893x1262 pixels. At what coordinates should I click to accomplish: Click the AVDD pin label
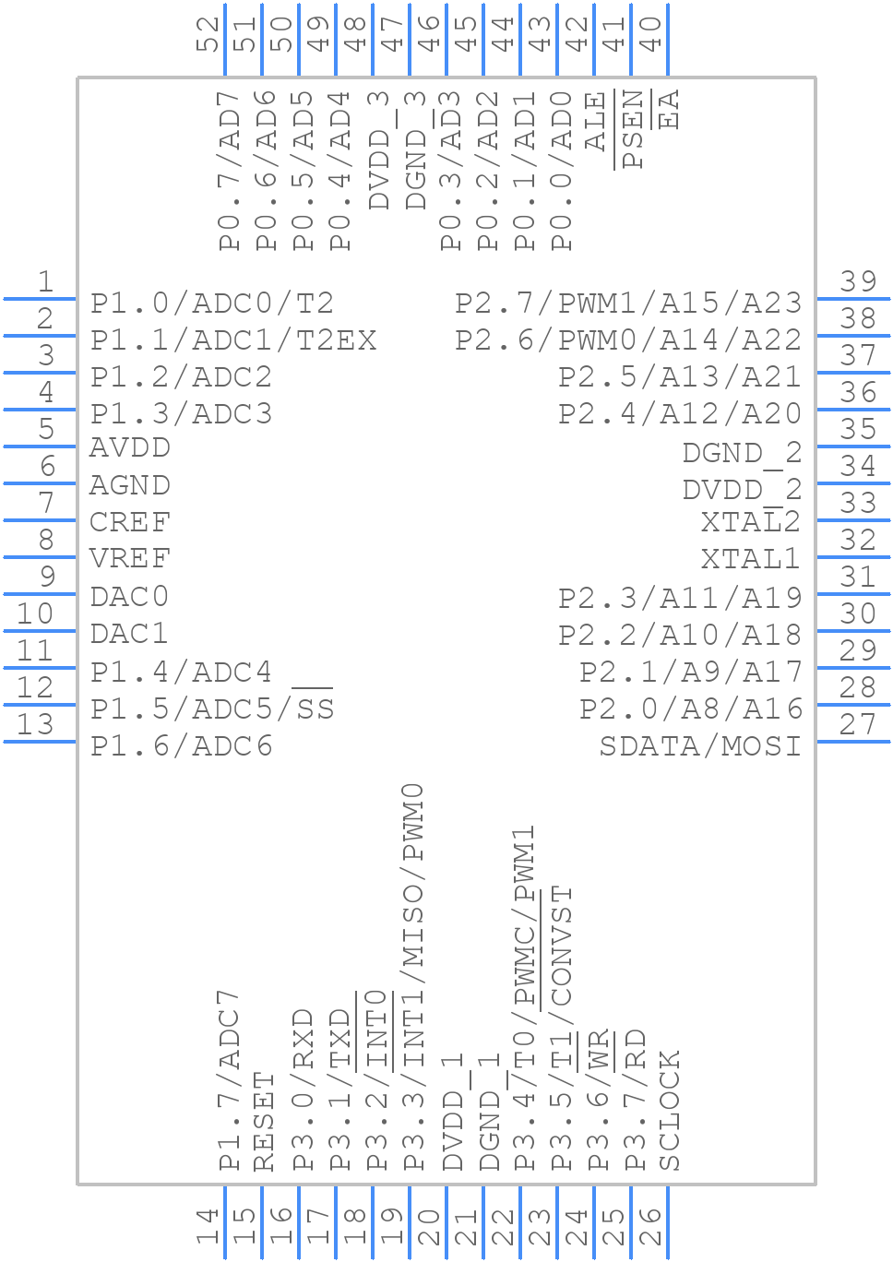(x=130, y=448)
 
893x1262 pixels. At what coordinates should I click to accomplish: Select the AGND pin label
(x=130, y=485)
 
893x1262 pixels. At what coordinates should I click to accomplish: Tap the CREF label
(x=130, y=522)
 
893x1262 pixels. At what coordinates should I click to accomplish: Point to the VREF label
(x=130, y=559)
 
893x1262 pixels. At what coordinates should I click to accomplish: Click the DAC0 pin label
(x=129, y=597)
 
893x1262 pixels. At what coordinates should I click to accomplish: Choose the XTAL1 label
(x=750, y=559)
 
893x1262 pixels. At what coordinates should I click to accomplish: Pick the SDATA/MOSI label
(x=700, y=745)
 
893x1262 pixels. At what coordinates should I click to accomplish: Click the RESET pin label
(x=265, y=1122)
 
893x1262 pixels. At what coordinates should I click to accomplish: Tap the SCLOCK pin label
(x=670, y=1111)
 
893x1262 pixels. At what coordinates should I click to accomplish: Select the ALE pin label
(x=597, y=121)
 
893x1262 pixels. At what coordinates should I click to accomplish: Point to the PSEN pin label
(x=634, y=129)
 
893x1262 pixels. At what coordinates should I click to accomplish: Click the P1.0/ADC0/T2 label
(x=212, y=304)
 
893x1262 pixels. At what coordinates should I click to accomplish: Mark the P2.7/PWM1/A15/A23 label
(x=628, y=304)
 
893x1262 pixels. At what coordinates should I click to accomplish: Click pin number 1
(x=44, y=281)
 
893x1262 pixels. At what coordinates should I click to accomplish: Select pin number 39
(x=858, y=281)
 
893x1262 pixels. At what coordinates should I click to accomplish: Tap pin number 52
(x=209, y=34)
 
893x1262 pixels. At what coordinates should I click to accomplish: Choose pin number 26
(x=652, y=1228)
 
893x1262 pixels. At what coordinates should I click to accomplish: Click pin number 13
(x=35, y=724)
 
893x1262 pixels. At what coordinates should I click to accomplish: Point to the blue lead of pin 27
(x=853, y=741)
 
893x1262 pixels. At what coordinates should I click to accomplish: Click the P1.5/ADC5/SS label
(x=212, y=708)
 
